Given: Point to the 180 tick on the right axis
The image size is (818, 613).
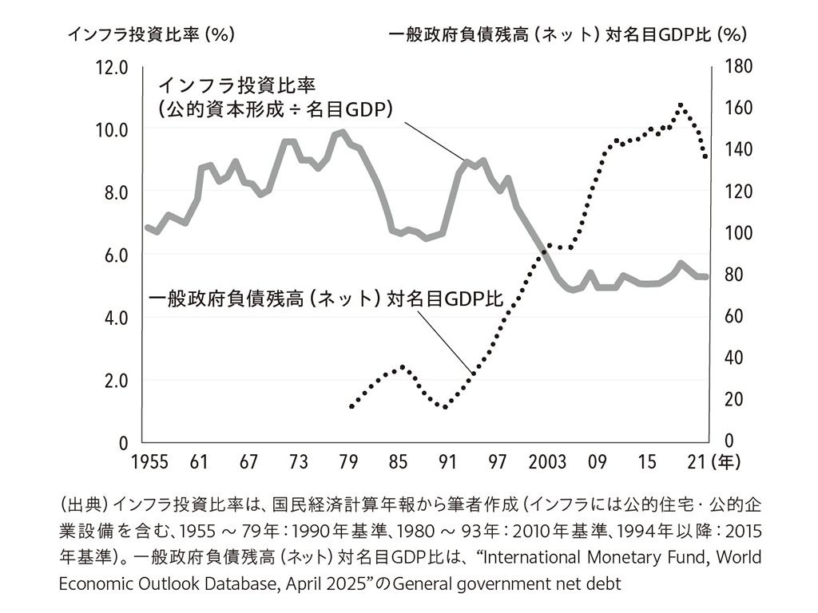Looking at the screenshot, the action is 738,66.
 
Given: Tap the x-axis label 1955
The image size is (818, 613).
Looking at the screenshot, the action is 149,462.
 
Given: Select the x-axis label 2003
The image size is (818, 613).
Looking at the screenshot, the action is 546,462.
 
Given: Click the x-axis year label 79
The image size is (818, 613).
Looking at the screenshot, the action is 348,462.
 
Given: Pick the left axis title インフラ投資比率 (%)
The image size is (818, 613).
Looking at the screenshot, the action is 151,34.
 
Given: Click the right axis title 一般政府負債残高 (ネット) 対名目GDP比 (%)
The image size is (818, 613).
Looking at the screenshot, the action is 568,34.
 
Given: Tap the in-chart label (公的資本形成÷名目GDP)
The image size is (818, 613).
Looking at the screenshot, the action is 276,109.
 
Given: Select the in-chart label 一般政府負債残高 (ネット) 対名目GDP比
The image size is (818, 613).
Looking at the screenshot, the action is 326,299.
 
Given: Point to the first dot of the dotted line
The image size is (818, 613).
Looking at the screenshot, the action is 351,406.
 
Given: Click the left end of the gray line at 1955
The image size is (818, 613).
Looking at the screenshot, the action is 147,227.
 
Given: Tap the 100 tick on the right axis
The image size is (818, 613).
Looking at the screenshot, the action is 738,232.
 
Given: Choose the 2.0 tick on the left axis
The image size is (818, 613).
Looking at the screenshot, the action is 115,381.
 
